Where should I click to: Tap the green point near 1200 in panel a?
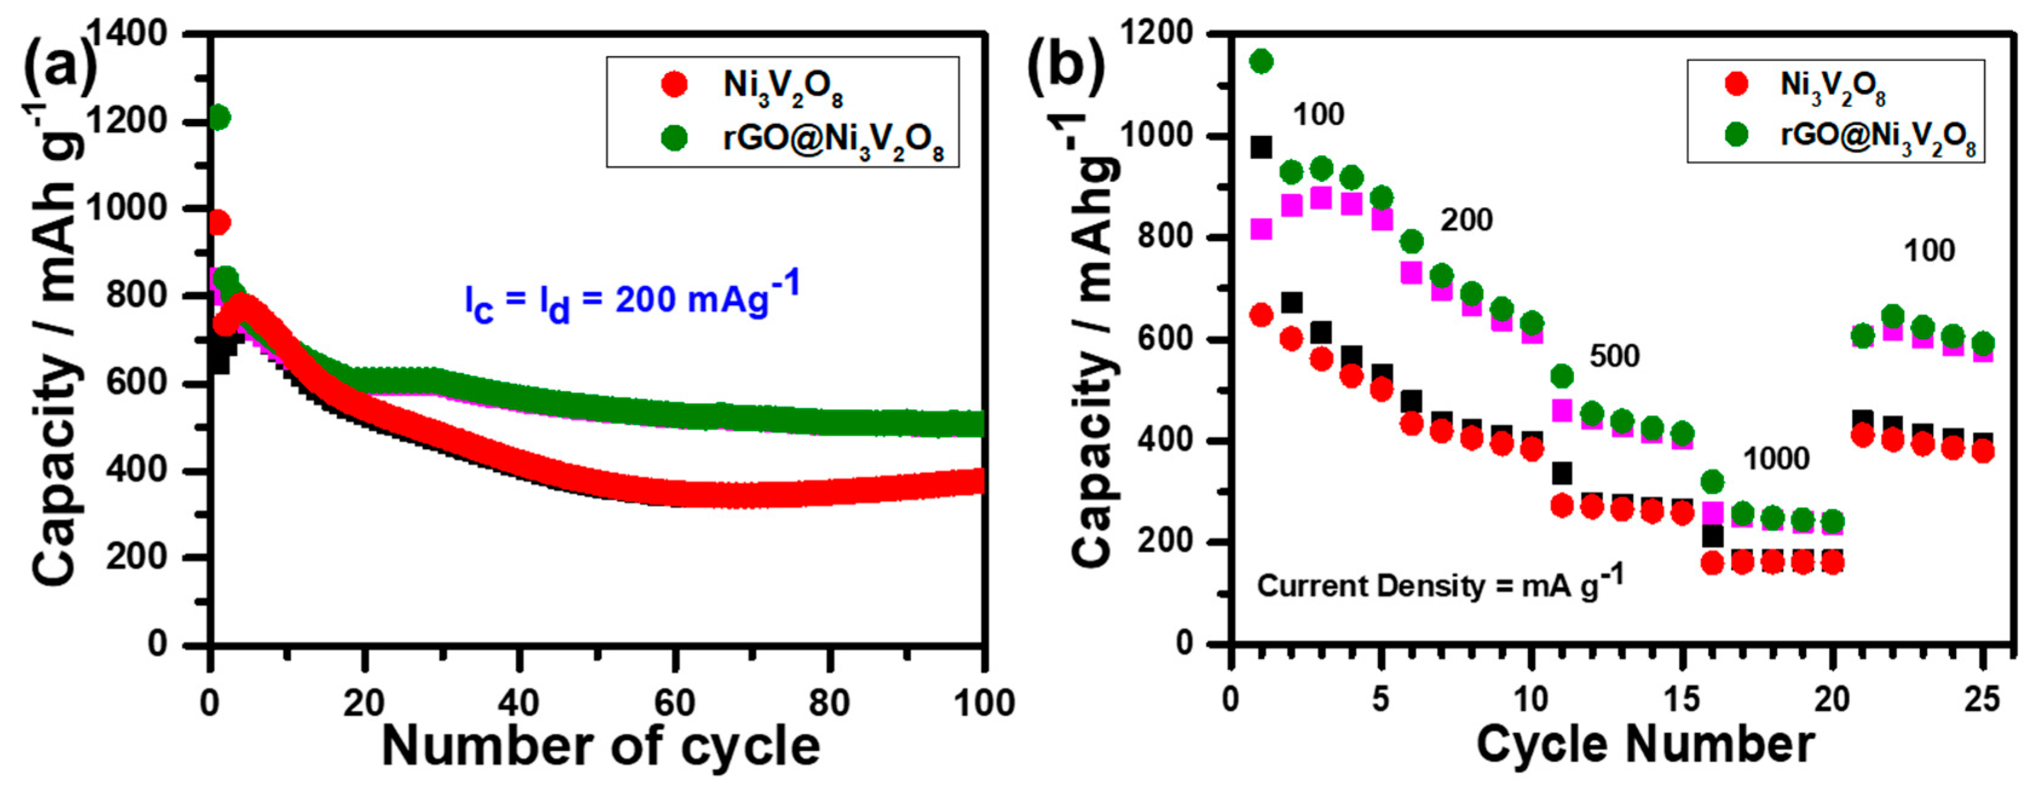pyautogui.click(x=220, y=118)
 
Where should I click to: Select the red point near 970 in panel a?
pyautogui.click(x=219, y=223)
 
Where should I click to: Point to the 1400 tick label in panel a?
pyautogui.click(x=127, y=33)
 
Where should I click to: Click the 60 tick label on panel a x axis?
pyautogui.click(x=674, y=703)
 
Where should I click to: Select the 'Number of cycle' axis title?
pyautogui.click(x=600, y=747)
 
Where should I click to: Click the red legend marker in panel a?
pyautogui.click(x=674, y=84)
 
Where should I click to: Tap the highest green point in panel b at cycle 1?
pyautogui.click(x=1260, y=61)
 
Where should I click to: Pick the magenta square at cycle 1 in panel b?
pyautogui.click(x=1260, y=229)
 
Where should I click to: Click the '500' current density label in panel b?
pyautogui.click(x=1614, y=357)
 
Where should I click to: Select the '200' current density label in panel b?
pyautogui.click(x=1466, y=220)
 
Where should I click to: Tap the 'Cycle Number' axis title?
pyautogui.click(x=1645, y=745)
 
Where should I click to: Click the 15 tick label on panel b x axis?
pyautogui.click(x=1681, y=699)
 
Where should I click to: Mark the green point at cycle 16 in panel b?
pyautogui.click(x=1712, y=481)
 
